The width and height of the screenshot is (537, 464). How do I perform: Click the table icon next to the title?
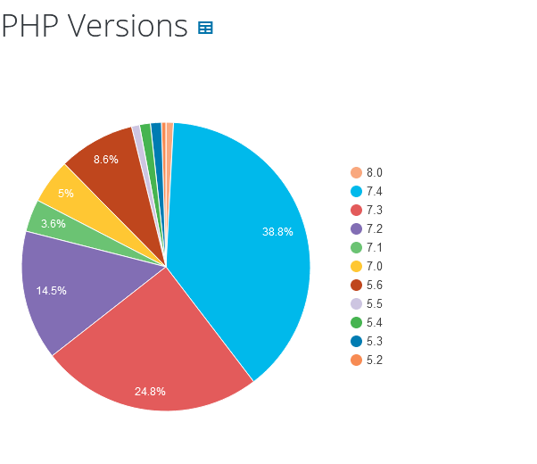pyautogui.click(x=205, y=28)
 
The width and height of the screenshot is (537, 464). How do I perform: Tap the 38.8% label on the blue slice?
pyautogui.click(x=277, y=232)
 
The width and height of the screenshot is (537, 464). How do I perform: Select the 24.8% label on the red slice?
pyautogui.click(x=150, y=391)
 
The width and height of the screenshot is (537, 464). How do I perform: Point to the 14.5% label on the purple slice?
pyautogui.click(x=51, y=291)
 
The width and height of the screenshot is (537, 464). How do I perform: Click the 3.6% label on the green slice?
pyautogui.click(x=53, y=224)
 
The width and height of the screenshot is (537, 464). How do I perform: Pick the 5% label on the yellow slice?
pyautogui.click(x=66, y=194)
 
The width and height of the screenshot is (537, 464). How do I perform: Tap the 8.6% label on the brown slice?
pyautogui.click(x=105, y=160)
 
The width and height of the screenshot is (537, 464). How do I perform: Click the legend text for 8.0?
pyautogui.click(x=374, y=172)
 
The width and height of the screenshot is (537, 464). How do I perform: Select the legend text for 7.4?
pyautogui.click(x=374, y=191)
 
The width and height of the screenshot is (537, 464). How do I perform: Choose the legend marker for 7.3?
pyautogui.click(x=357, y=210)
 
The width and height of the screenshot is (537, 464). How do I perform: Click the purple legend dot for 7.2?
pyautogui.click(x=357, y=228)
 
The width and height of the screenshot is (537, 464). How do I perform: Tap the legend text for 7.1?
pyautogui.click(x=374, y=247)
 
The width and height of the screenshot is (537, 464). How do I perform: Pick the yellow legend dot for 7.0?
pyautogui.click(x=357, y=266)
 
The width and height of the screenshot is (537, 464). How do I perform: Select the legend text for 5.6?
pyautogui.click(x=374, y=285)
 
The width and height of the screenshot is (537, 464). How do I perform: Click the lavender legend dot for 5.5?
pyautogui.click(x=357, y=303)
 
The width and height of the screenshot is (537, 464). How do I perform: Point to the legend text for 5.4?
pyautogui.click(x=374, y=322)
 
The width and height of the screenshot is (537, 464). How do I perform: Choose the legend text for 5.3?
pyautogui.click(x=374, y=341)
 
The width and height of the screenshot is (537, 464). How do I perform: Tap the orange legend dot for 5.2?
pyautogui.click(x=357, y=360)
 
